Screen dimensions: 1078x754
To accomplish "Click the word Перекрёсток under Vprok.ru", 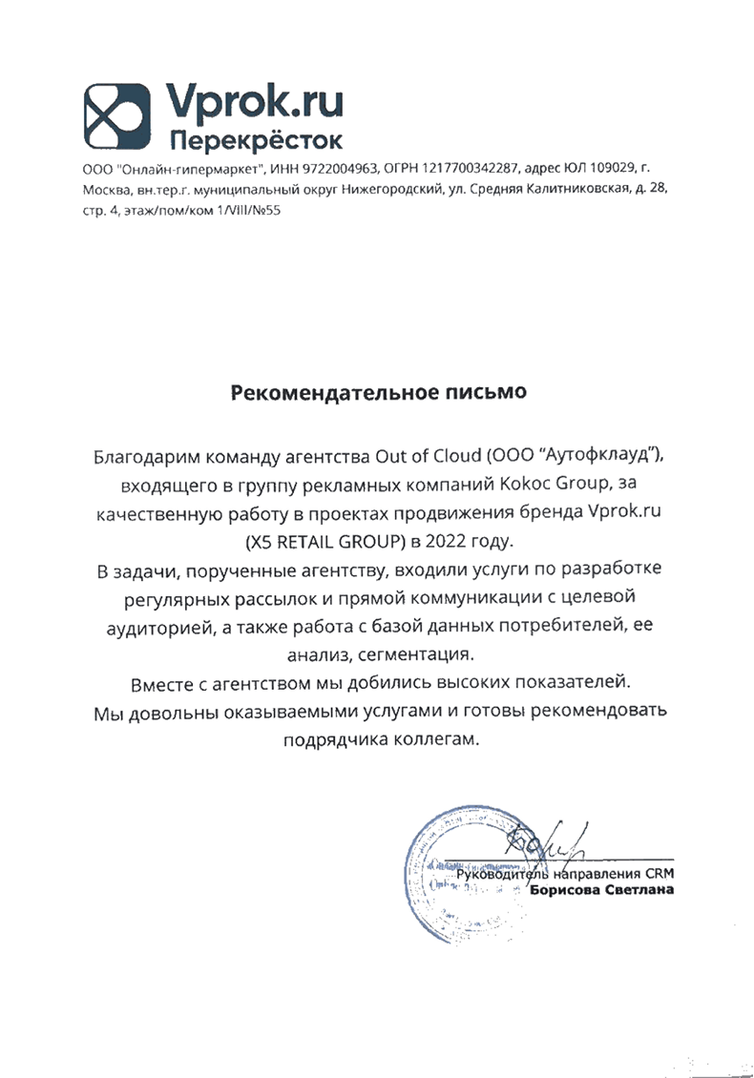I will [x=255, y=141].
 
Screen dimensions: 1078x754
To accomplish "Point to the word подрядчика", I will [x=334, y=741].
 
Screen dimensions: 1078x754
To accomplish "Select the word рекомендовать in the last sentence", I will [x=597, y=712].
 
